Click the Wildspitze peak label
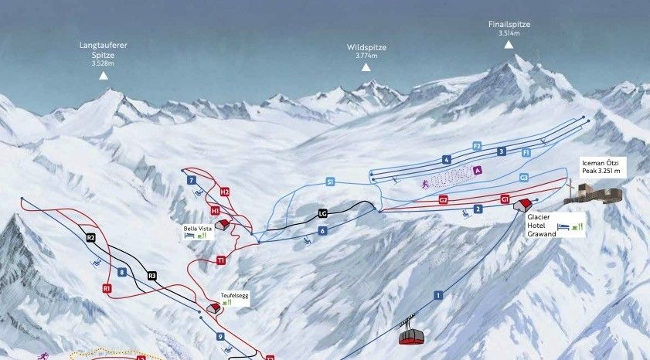pyautogui.click(x=366, y=48)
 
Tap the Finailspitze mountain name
pyautogui.click(x=509, y=25)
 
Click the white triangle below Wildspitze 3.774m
pyautogui.click(x=366, y=67)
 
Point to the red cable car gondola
pyautogui.click(x=412, y=335)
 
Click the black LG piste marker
pyautogui.click(x=323, y=213)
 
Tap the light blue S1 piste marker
pyautogui.click(x=330, y=182)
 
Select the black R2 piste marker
pyautogui.click(x=90, y=238)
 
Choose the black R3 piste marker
pyautogui.click(x=152, y=275)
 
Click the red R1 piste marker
pyautogui.click(x=107, y=288)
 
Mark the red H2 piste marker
pyautogui.click(x=225, y=192)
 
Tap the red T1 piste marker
pyautogui.click(x=220, y=261)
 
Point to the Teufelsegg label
pyautogui.click(x=233, y=295)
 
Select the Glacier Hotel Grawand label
pyautogui.click(x=542, y=226)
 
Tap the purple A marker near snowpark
pyautogui.click(x=478, y=170)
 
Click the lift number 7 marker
pyautogui.click(x=190, y=180)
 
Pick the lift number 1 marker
pyautogui.click(x=437, y=295)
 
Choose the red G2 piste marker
pyautogui.click(x=443, y=200)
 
